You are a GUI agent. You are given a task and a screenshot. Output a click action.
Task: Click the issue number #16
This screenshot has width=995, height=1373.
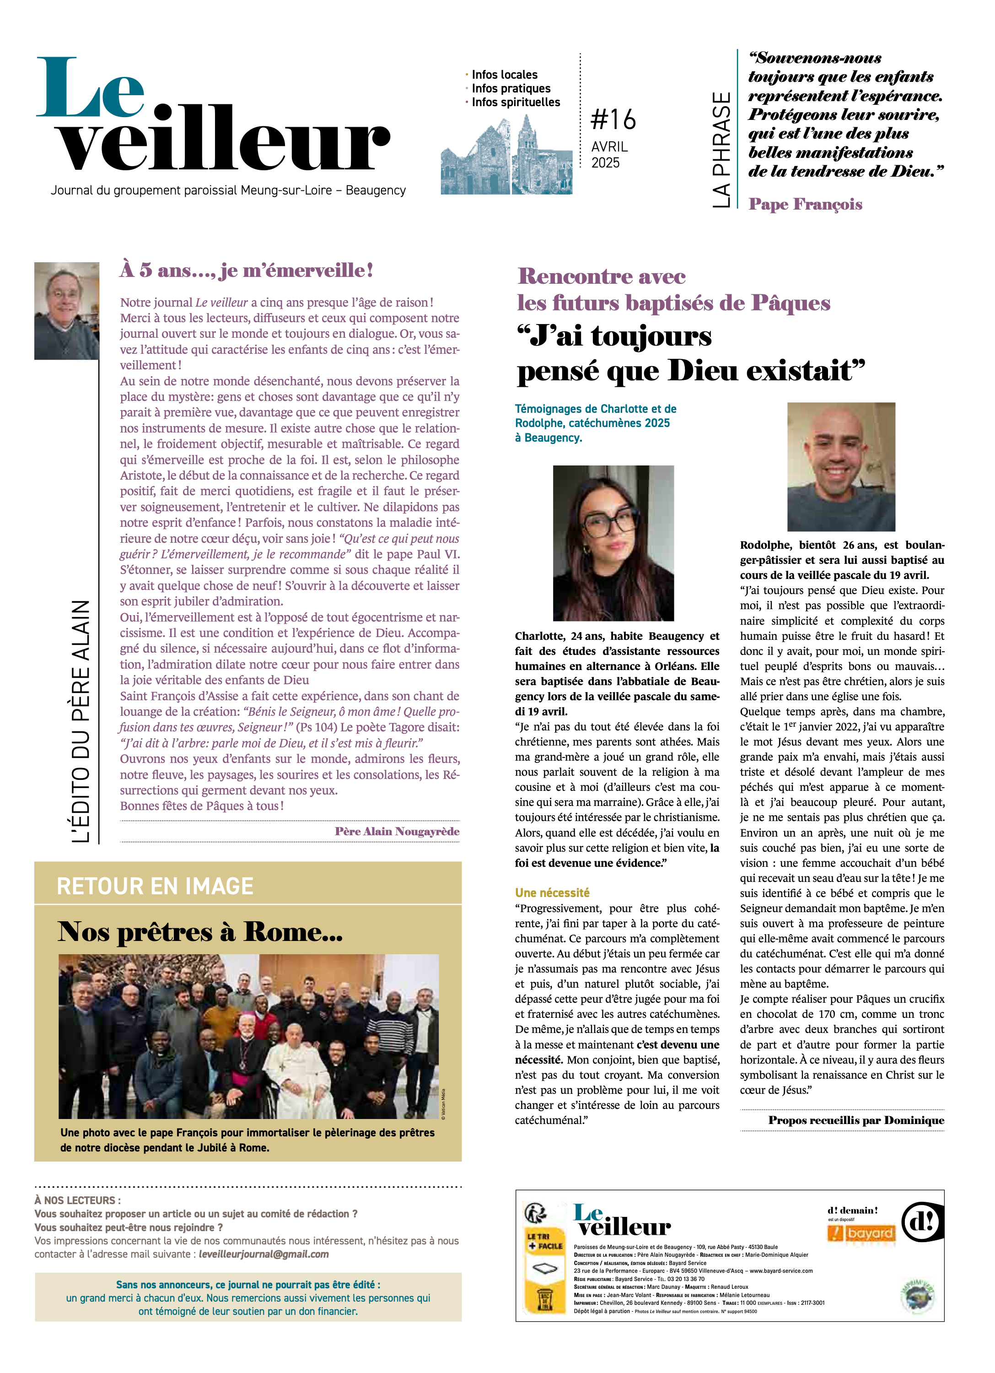613,119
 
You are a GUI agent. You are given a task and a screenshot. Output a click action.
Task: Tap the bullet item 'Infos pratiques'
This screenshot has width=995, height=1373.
511,88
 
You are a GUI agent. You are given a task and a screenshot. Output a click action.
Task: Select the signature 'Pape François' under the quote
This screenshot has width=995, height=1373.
805,204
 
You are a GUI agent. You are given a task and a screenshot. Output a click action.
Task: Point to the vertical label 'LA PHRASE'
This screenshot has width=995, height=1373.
721,150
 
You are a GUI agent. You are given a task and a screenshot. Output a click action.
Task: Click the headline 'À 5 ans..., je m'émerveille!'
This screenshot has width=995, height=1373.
246,270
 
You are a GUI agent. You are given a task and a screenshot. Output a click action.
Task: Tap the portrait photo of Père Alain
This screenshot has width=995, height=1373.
67,311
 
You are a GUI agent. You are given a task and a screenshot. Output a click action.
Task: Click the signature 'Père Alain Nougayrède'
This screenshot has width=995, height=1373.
397,831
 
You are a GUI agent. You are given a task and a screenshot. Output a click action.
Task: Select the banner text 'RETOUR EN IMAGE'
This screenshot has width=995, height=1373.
155,887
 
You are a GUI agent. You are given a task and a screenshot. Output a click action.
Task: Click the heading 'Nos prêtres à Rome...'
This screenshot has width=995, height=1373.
200,932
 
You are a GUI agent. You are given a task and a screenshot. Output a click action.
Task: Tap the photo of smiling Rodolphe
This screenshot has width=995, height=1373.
841,466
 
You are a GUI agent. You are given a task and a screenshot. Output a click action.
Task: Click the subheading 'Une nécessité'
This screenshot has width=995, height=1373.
552,892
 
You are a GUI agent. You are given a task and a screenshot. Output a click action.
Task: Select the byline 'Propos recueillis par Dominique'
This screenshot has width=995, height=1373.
856,1120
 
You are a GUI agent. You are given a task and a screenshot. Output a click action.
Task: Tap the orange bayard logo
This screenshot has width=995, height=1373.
860,1233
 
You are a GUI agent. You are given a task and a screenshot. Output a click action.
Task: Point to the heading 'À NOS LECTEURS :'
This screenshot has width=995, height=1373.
77,1200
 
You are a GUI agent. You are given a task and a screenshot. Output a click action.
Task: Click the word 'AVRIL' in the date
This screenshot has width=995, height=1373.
609,146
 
